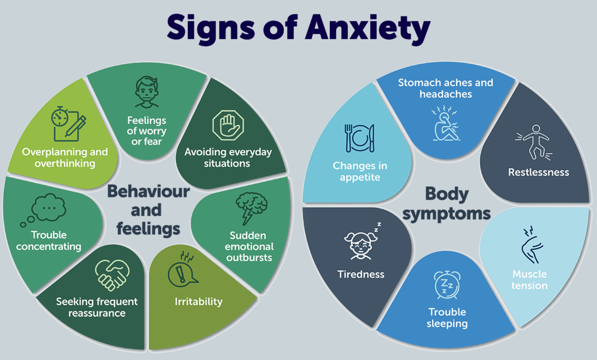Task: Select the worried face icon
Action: point(147,93)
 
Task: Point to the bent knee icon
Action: point(528,247)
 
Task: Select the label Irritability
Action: point(199,301)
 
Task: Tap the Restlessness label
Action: point(538,173)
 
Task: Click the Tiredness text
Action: point(361,274)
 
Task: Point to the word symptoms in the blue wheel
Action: point(446,214)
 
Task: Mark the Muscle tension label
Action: point(530,280)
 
